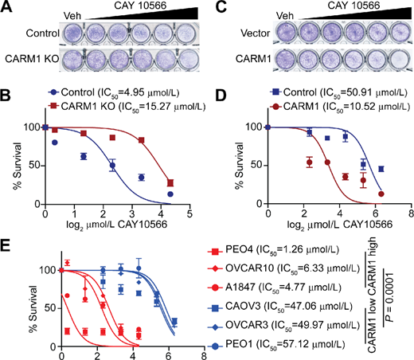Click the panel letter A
click(7, 7)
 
